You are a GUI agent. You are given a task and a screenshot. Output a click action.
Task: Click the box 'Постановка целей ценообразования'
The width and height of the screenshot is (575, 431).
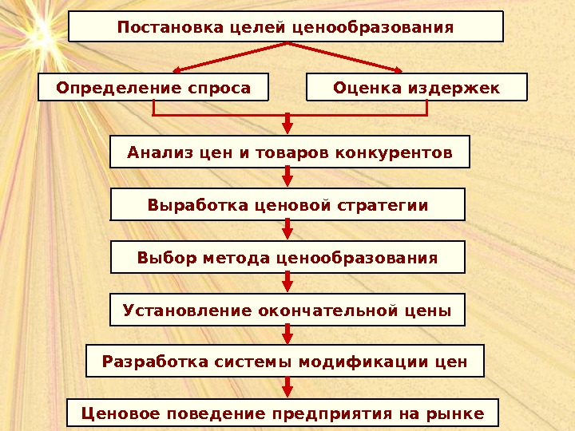click(x=286, y=26)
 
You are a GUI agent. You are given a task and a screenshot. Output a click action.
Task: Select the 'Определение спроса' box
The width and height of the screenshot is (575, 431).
click(x=153, y=87)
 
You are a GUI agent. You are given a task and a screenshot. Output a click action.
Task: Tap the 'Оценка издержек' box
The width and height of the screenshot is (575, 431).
click(x=417, y=87)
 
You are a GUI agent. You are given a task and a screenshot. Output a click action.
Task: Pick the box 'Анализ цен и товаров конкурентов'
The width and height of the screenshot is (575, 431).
click(x=289, y=152)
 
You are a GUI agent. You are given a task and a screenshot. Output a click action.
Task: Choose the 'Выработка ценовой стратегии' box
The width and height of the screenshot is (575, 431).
click(x=287, y=205)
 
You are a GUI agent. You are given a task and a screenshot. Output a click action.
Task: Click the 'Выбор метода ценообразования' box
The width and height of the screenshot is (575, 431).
click(x=287, y=258)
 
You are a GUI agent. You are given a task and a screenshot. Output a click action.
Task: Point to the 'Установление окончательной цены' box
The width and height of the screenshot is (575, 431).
click(x=287, y=310)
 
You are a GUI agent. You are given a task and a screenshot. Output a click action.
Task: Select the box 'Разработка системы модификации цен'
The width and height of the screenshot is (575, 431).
click(x=285, y=362)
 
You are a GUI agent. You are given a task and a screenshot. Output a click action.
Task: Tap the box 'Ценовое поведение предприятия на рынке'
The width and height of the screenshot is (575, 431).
click(x=283, y=413)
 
